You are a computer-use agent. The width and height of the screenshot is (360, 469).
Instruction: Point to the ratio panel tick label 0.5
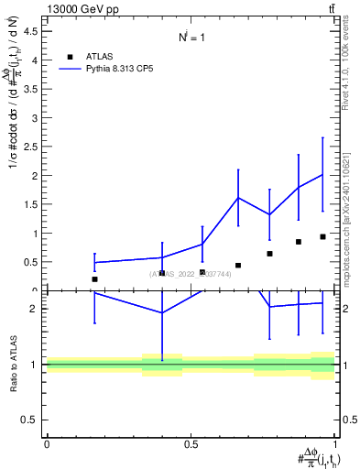tap(29, 420)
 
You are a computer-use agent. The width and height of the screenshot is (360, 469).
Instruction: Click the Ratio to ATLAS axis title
tap(14, 364)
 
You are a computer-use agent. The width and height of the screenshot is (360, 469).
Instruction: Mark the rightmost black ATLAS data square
tap(322, 236)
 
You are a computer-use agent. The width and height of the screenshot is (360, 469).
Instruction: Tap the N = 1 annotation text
tap(191, 38)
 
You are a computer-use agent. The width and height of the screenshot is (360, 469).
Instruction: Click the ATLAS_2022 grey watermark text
tap(191, 273)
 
